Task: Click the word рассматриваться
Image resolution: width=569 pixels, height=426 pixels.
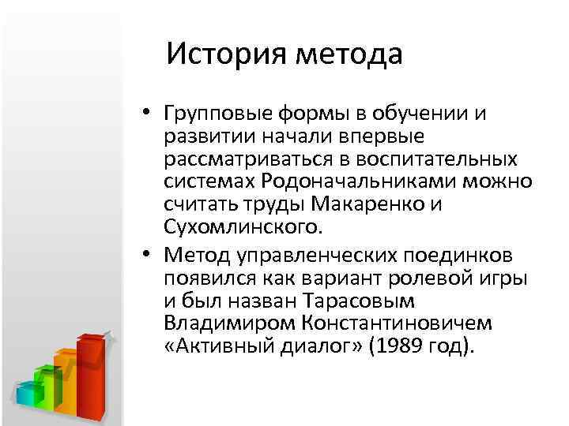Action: coord(247,160)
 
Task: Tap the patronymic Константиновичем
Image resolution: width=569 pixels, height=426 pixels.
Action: coord(401,324)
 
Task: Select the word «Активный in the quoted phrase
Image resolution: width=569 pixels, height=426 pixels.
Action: coord(215,347)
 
